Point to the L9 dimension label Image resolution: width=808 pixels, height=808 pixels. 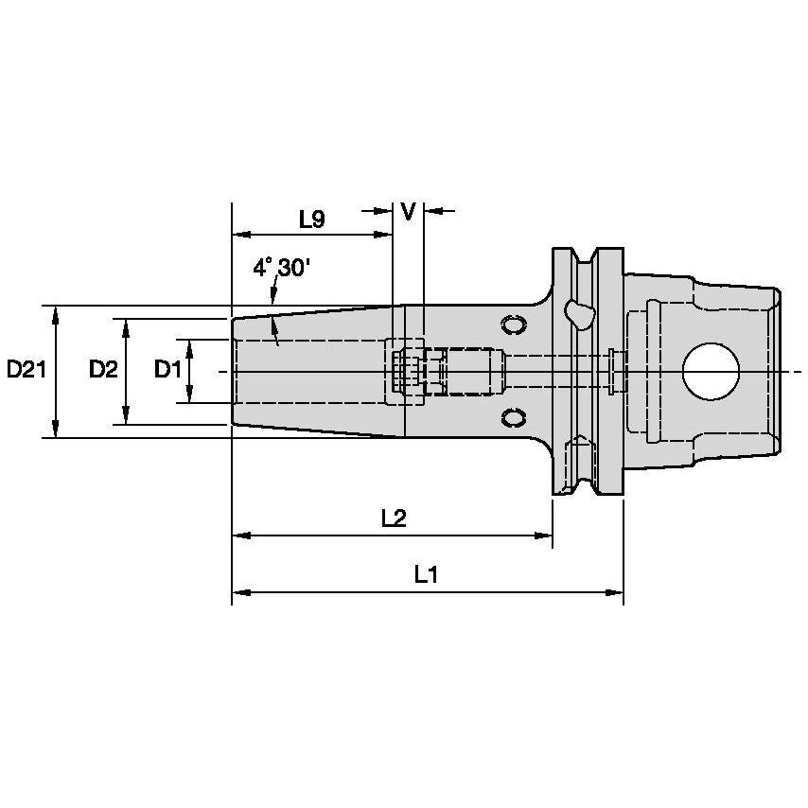[x=312, y=220]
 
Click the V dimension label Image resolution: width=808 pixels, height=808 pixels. [x=408, y=212]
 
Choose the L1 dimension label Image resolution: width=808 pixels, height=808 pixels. [x=426, y=574]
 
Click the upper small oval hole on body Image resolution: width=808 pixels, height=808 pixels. [x=514, y=325]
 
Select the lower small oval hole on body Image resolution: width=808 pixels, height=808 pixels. [x=514, y=417]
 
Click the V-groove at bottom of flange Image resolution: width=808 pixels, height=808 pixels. [x=588, y=484]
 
